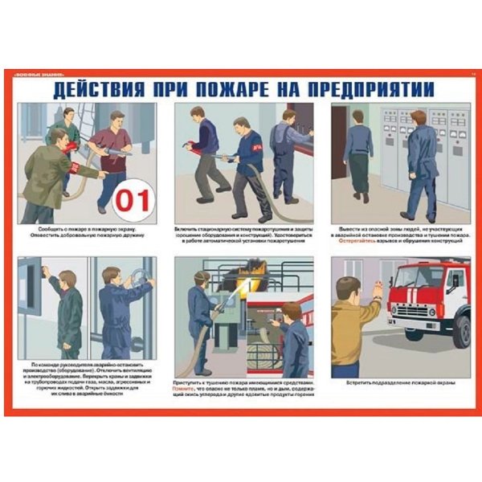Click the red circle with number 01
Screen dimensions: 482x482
(134, 199)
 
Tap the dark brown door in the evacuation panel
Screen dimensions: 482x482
(338, 145)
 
